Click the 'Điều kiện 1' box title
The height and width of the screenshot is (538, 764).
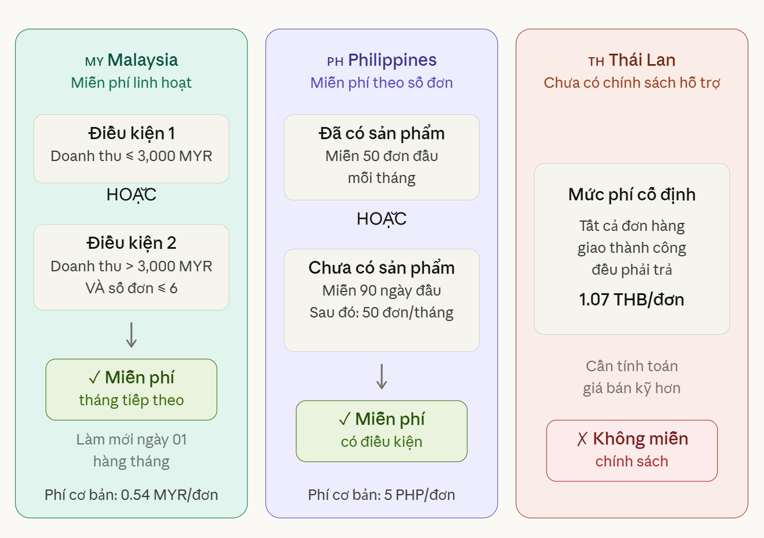(x=131, y=133)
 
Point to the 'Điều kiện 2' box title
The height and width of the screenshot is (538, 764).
(x=131, y=243)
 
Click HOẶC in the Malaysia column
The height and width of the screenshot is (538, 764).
(x=131, y=195)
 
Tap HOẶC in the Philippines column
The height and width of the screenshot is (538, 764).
(x=382, y=219)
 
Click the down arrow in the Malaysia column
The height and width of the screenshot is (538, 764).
(x=131, y=335)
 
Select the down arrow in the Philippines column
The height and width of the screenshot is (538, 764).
(x=382, y=376)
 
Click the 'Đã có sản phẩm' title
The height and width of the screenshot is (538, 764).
(x=382, y=133)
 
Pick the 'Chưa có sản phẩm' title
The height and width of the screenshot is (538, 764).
(x=382, y=268)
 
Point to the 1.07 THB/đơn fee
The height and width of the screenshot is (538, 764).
(x=631, y=300)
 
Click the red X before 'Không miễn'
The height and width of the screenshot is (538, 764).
(x=582, y=439)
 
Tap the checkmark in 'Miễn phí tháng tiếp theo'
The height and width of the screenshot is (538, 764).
(x=94, y=378)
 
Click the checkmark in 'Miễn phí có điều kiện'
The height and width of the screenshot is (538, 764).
(x=344, y=419)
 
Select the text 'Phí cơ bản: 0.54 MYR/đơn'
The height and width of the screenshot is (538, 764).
(x=131, y=495)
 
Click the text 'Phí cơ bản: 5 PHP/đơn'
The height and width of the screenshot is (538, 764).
(x=382, y=495)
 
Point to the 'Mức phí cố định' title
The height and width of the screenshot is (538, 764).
(x=631, y=195)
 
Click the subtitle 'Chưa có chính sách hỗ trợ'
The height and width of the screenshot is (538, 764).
(x=631, y=83)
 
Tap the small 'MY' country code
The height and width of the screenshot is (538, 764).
(x=94, y=62)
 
